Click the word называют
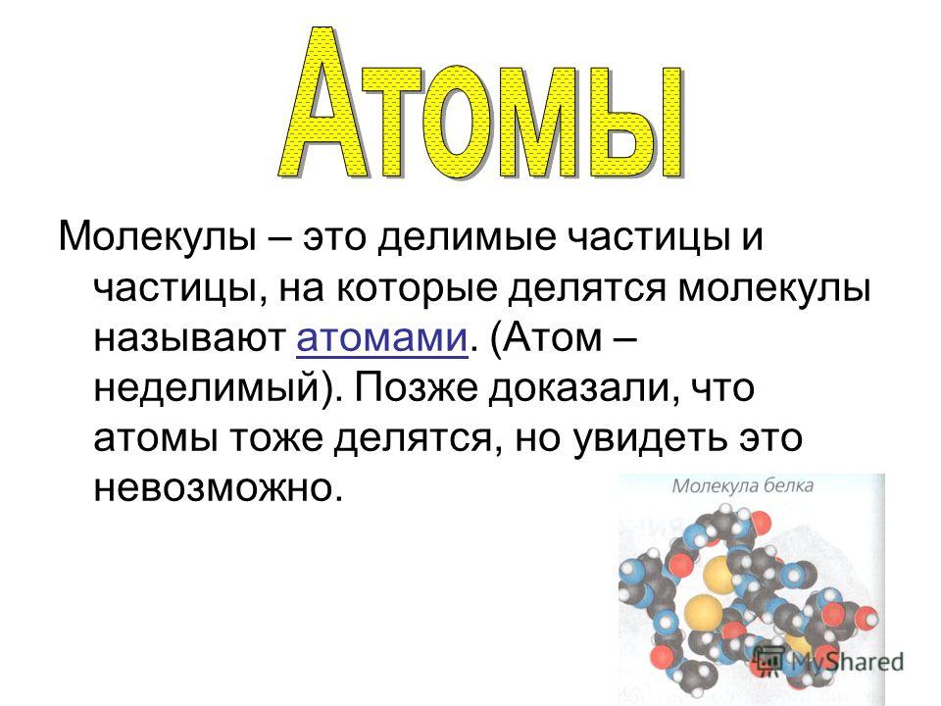[189, 338]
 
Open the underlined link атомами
[381, 339]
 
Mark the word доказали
[584, 389]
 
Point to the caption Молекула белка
[743, 485]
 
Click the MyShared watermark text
[847, 661]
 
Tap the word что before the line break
[723, 389]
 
